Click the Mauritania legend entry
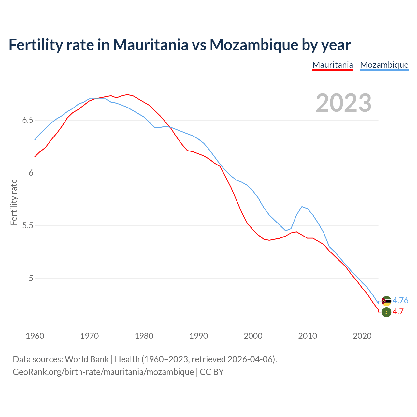tap(333, 65)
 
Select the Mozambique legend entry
tap(384, 65)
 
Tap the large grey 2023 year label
tap(344, 103)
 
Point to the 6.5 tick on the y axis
tap(28, 120)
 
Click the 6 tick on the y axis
tap(31, 173)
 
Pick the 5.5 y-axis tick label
tap(28, 226)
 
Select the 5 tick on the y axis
tap(31, 279)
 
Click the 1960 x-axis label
tap(35, 336)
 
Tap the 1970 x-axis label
tap(90, 336)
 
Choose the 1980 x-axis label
tap(144, 336)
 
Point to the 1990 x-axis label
tap(198, 336)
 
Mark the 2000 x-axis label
tap(253, 336)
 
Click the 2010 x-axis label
tap(308, 336)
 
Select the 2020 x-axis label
tap(362, 336)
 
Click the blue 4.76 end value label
tap(400, 300)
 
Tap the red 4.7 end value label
tap(398, 312)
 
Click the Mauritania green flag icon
tap(386, 312)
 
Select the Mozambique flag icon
tap(386, 301)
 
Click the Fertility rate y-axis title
tap(14, 202)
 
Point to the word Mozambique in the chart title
tap(254, 45)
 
